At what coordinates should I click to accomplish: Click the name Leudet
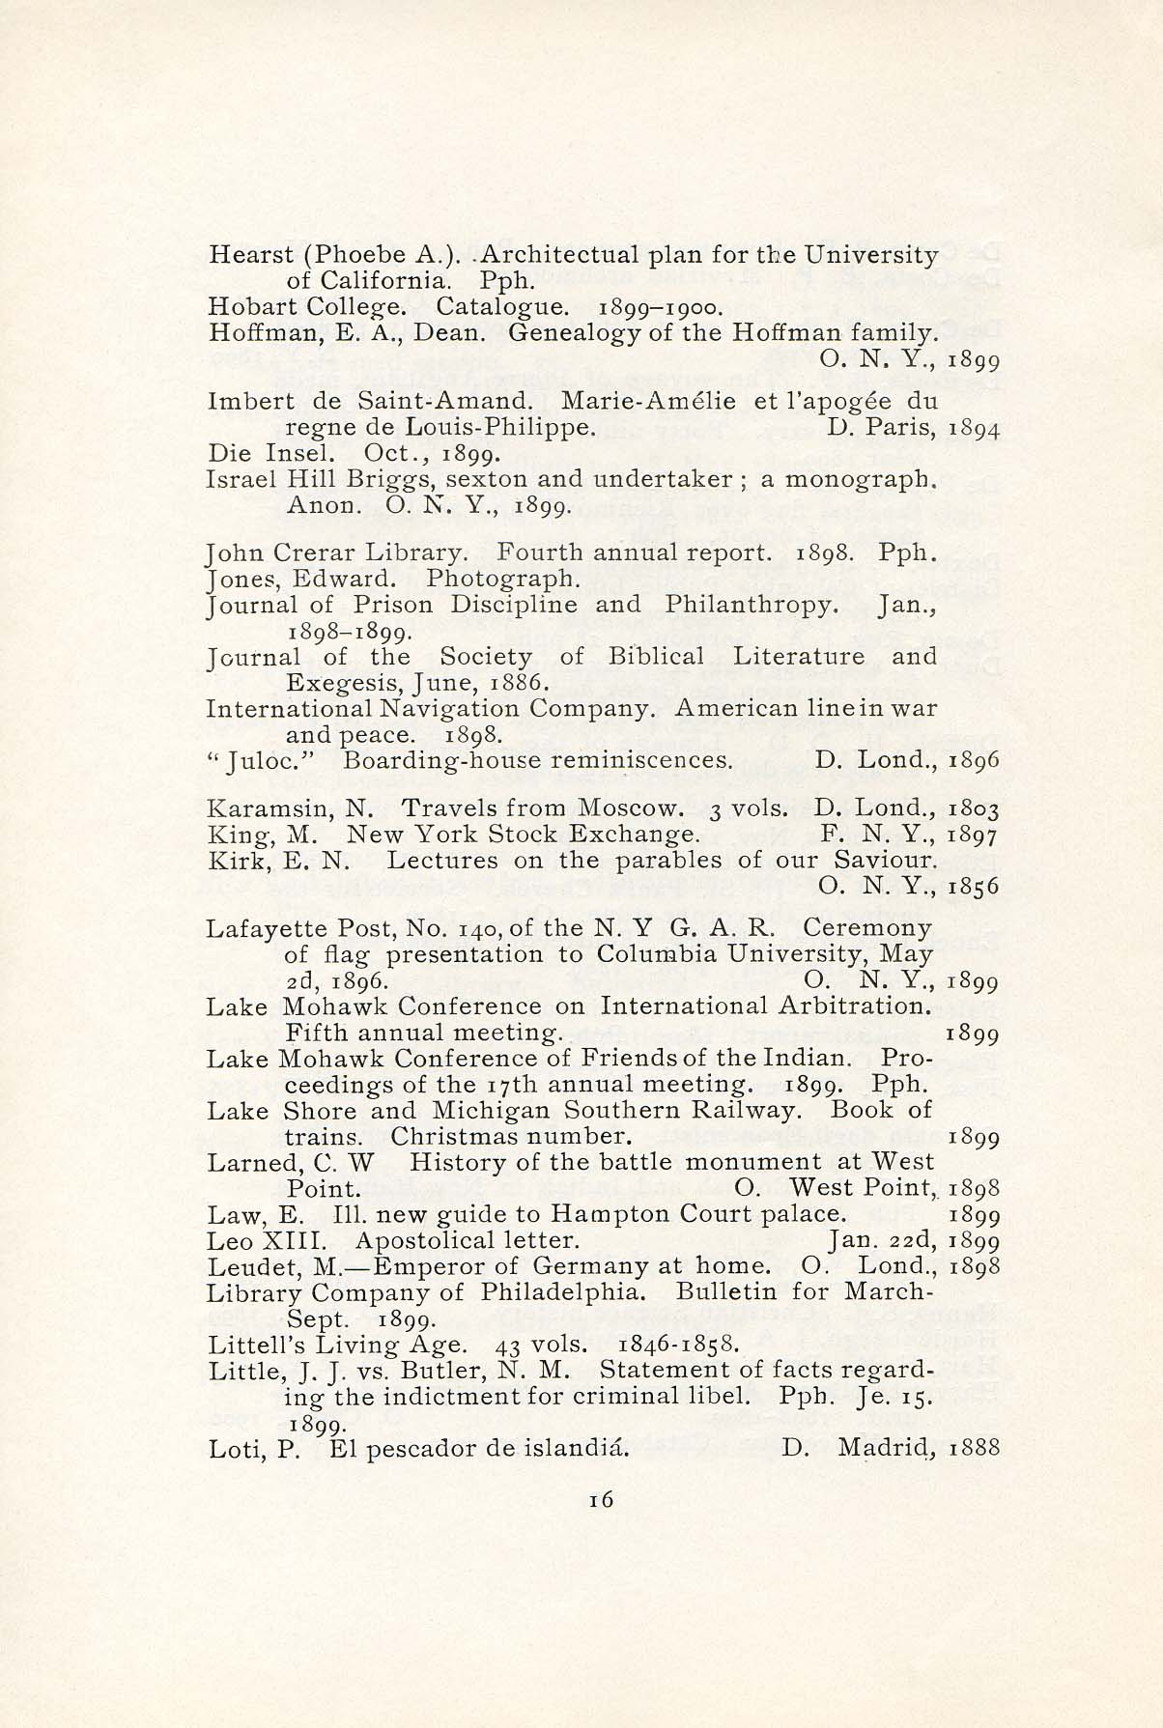pyautogui.click(x=249, y=1265)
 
